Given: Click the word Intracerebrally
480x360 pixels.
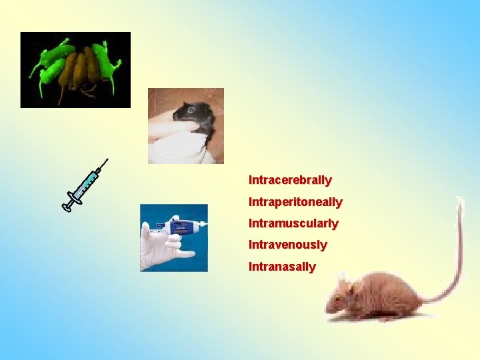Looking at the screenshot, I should pos(290,180).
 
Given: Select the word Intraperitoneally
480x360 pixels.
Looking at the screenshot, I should pos(295,201).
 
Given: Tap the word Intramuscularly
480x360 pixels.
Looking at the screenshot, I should pos(293,223).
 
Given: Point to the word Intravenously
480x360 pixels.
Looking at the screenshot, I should pos(288,245).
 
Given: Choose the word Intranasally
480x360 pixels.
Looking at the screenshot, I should pos(282,267).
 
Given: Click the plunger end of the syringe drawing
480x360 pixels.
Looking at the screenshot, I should pos(67,208).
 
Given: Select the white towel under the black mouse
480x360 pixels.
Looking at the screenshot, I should pos(180,150).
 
